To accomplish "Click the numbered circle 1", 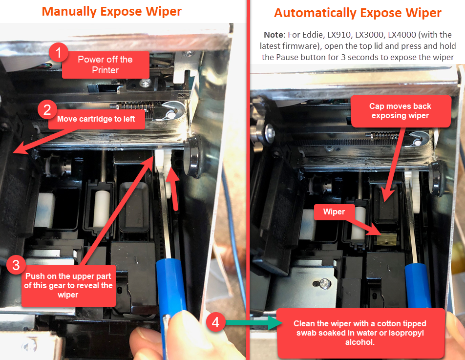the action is point(59,52).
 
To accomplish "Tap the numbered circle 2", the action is point(47,110).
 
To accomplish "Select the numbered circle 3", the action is point(16,265).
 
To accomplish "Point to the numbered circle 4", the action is point(215,322).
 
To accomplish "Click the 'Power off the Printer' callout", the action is point(106,65).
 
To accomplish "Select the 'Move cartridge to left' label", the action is point(96,119).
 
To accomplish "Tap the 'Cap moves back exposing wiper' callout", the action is point(401,111).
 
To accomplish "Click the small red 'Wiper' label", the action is point(334,212).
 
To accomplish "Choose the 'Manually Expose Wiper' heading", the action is point(111,12).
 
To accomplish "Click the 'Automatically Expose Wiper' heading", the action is point(358,13).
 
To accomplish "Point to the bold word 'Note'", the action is point(274,35).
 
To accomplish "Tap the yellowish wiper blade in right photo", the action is point(385,239).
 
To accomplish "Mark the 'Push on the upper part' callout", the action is point(68,285).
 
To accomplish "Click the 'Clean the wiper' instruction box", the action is point(360,333).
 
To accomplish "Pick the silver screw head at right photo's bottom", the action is point(325,283).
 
